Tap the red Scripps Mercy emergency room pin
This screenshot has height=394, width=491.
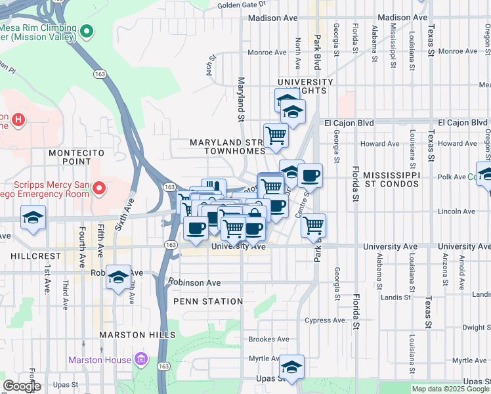99,189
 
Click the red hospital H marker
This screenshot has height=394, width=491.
19,120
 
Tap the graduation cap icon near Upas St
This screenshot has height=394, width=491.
291,366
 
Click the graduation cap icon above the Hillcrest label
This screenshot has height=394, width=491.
33,219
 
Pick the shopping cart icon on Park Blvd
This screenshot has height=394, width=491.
314,225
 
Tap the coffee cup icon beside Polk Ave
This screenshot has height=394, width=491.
310,175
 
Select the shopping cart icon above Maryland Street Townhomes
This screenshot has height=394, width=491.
276,135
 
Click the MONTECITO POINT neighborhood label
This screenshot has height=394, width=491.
78,157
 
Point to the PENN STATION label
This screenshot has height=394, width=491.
209,301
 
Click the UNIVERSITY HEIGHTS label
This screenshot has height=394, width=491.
305,86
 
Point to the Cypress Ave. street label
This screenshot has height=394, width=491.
326,320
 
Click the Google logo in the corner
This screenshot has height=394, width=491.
22,386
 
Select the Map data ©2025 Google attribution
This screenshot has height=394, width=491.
450,389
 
